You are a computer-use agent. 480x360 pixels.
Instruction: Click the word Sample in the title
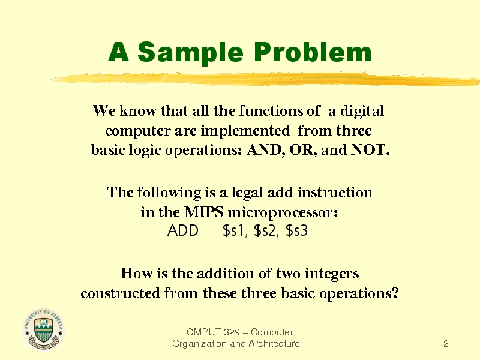(x=190, y=53)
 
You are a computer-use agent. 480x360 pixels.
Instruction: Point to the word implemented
(x=245, y=131)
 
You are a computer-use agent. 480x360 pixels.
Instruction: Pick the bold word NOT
(x=370, y=149)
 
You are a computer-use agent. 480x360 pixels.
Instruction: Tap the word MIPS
(x=203, y=212)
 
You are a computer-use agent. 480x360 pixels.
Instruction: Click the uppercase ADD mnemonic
(x=183, y=231)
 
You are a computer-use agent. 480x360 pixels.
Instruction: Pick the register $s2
(x=266, y=231)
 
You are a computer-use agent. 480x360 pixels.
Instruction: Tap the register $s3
(x=296, y=231)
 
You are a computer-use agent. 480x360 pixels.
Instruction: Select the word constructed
(x=121, y=293)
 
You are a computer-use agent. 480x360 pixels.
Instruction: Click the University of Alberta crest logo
(x=43, y=329)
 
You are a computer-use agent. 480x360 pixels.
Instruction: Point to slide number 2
(x=446, y=344)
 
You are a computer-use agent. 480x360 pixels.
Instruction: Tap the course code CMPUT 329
(x=213, y=332)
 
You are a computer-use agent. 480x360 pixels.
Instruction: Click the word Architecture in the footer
(x=275, y=343)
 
